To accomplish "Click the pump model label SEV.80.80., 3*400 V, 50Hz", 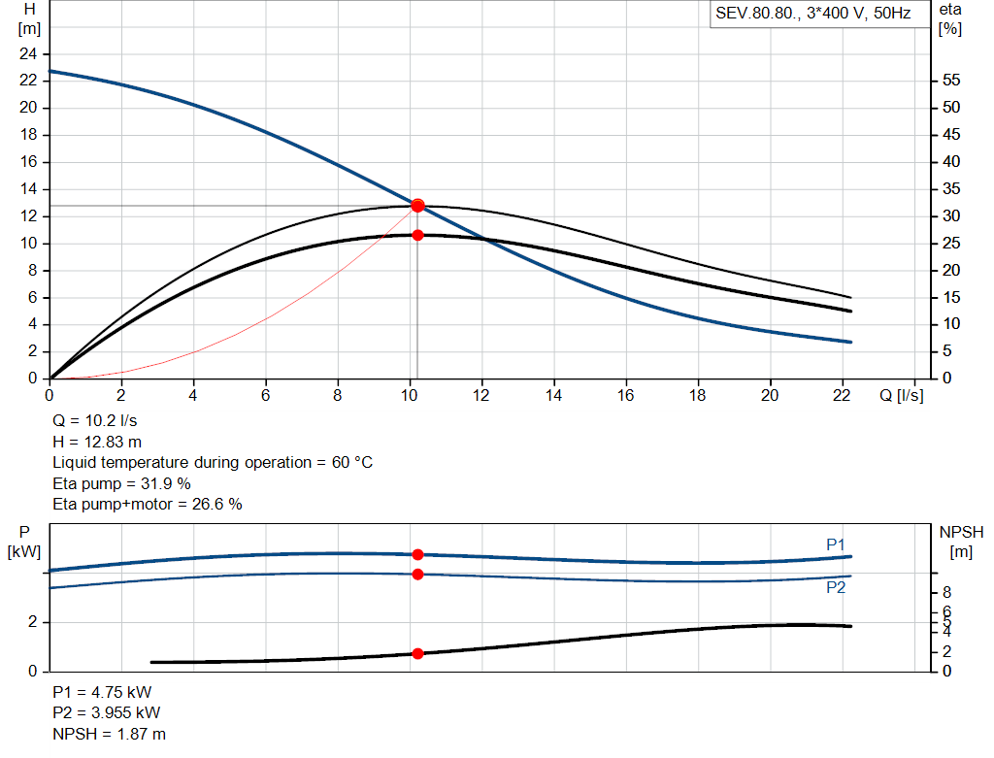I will point(812,14).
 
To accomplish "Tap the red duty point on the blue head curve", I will point(417,205).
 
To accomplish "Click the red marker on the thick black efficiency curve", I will point(417,235).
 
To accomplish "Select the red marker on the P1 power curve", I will point(417,554).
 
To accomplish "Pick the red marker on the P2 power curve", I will point(417,574).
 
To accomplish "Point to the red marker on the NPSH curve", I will point(417,653).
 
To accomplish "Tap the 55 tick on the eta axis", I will point(951,81).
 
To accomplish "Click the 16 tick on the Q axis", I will point(626,395).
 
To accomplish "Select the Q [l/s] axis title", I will point(902,395).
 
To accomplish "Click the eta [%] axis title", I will point(950,18).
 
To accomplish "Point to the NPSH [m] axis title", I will point(961,542).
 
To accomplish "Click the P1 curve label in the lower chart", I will point(836,544).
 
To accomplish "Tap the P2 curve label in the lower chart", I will point(836,588).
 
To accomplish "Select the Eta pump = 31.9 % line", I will point(121,483).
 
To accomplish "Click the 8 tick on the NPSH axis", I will point(946,592).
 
